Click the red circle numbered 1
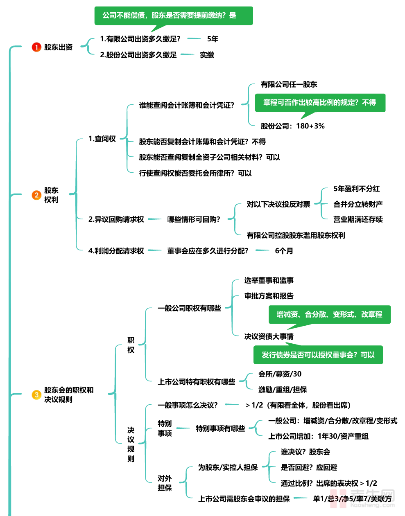(36, 47)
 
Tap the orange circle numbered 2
(36, 195)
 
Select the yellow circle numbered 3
(36, 395)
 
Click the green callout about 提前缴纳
(173, 16)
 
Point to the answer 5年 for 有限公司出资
(213, 39)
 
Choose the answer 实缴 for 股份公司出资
(207, 55)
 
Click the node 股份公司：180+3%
(292, 126)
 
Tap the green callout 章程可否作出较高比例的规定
(320, 103)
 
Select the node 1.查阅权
(102, 139)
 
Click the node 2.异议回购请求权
(116, 219)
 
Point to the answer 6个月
(284, 251)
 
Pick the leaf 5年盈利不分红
(356, 189)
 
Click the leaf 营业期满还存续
(358, 219)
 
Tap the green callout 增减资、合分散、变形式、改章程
(329, 314)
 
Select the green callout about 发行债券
(318, 355)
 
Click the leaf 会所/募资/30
(280, 374)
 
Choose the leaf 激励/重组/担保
(283, 390)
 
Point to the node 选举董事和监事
(269, 280)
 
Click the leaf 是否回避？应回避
(309, 467)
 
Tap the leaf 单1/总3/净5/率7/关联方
(352, 499)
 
